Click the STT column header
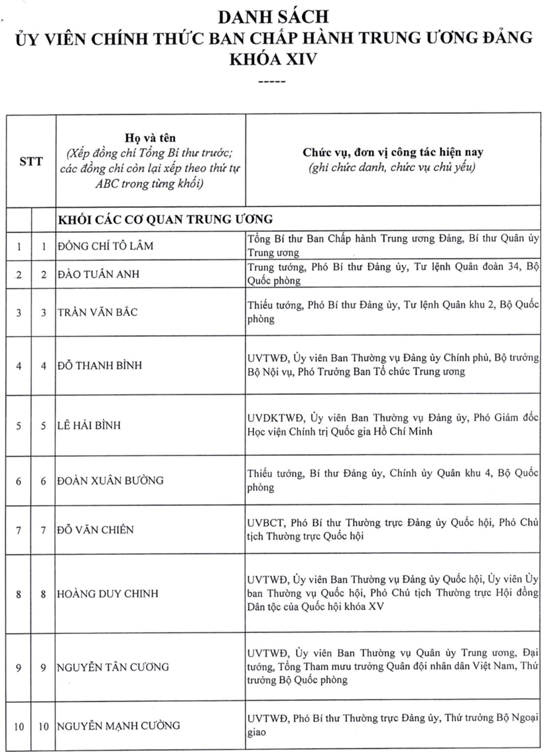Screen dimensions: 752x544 click(x=31, y=160)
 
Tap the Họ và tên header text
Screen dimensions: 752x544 click(x=150, y=137)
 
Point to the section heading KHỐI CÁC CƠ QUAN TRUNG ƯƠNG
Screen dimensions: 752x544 click(x=166, y=218)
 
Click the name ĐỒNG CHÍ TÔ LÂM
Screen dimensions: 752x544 click(x=105, y=246)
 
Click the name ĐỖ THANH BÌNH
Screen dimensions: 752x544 click(x=100, y=365)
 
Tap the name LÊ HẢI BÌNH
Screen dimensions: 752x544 click(x=90, y=425)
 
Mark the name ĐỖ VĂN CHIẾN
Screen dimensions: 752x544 click(x=96, y=530)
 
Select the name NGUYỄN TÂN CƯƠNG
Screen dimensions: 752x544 click(x=113, y=666)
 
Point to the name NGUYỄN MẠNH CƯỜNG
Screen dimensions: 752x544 click(x=118, y=725)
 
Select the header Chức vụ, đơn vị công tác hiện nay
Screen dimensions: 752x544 click(x=393, y=151)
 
